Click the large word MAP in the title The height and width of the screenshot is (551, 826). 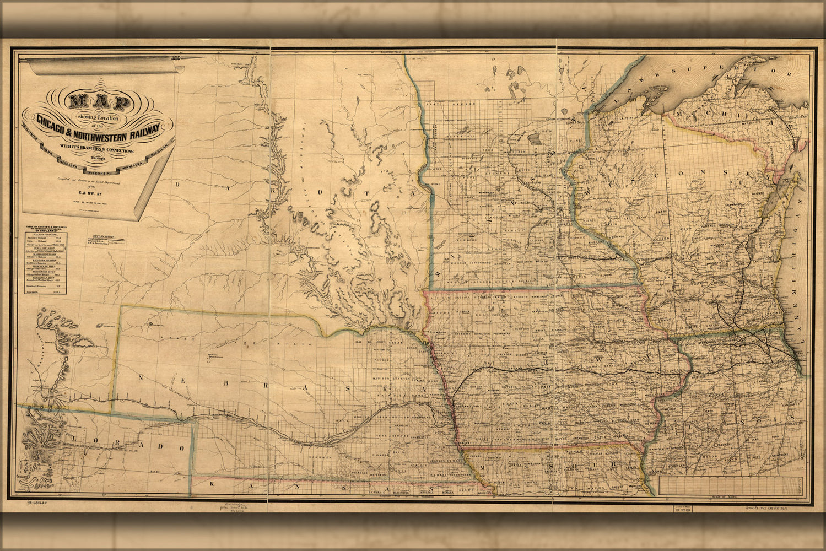[99, 102]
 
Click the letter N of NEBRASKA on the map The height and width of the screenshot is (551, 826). [142, 377]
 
